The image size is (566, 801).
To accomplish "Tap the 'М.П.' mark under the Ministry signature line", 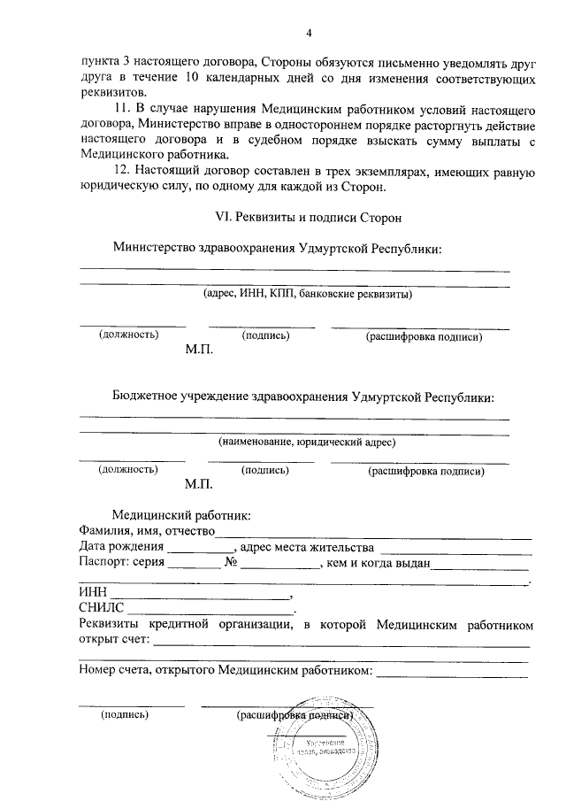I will point(199,350).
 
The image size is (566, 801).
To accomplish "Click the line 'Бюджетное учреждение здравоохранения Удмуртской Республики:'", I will point(302,397).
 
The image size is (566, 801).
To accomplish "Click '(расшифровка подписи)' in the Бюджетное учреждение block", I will point(425,472).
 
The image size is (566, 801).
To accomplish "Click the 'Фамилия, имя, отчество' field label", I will point(146,531).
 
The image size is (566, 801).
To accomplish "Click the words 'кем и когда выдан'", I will point(378,563).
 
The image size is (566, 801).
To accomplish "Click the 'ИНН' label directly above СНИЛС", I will point(92,592).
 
